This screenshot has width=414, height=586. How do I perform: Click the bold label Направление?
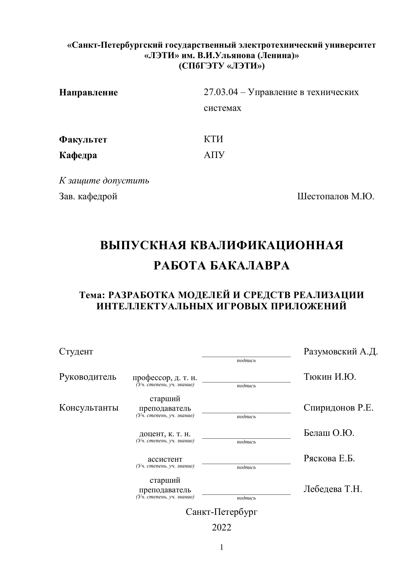tap(88, 92)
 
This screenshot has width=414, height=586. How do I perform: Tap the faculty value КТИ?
tap(213, 139)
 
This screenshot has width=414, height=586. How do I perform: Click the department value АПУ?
tap(214, 155)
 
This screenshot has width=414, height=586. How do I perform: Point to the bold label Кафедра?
tap(78, 155)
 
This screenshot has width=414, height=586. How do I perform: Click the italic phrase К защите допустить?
tap(104, 180)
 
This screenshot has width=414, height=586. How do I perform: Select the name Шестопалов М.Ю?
tap(336, 196)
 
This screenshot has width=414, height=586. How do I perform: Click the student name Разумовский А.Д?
tap(341, 351)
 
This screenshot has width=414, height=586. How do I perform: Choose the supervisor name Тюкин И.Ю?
tap(330, 376)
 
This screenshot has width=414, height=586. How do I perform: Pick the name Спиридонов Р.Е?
tap(339, 408)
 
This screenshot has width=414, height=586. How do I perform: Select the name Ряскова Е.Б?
tap(329, 458)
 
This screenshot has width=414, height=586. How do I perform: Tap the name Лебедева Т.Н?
tap(333, 489)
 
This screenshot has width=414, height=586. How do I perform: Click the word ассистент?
tap(165, 459)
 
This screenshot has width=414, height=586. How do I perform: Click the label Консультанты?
tap(89, 408)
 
